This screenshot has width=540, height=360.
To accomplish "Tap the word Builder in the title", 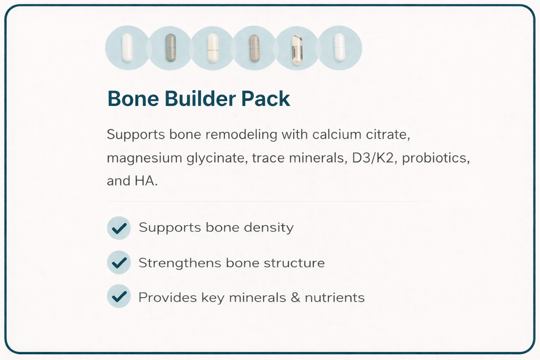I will (200, 99).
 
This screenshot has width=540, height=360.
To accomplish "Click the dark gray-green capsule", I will (170, 48).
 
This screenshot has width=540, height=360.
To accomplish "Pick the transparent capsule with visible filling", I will (297, 50).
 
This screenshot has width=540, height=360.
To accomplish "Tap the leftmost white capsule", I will (127, 48).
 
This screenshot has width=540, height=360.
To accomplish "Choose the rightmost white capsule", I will (340, 48).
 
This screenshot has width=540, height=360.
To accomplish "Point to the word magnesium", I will (144, 158).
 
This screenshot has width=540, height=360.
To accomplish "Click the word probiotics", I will (436, 158).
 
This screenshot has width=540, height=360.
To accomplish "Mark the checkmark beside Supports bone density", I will (119, 228).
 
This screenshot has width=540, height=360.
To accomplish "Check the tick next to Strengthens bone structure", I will (119, 262).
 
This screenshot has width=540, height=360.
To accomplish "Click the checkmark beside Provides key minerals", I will (119, 296).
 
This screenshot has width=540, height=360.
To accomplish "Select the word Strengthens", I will (180, 263).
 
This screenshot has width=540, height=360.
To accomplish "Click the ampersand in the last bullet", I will (295, 298).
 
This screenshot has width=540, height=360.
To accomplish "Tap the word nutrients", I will (334, 298).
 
